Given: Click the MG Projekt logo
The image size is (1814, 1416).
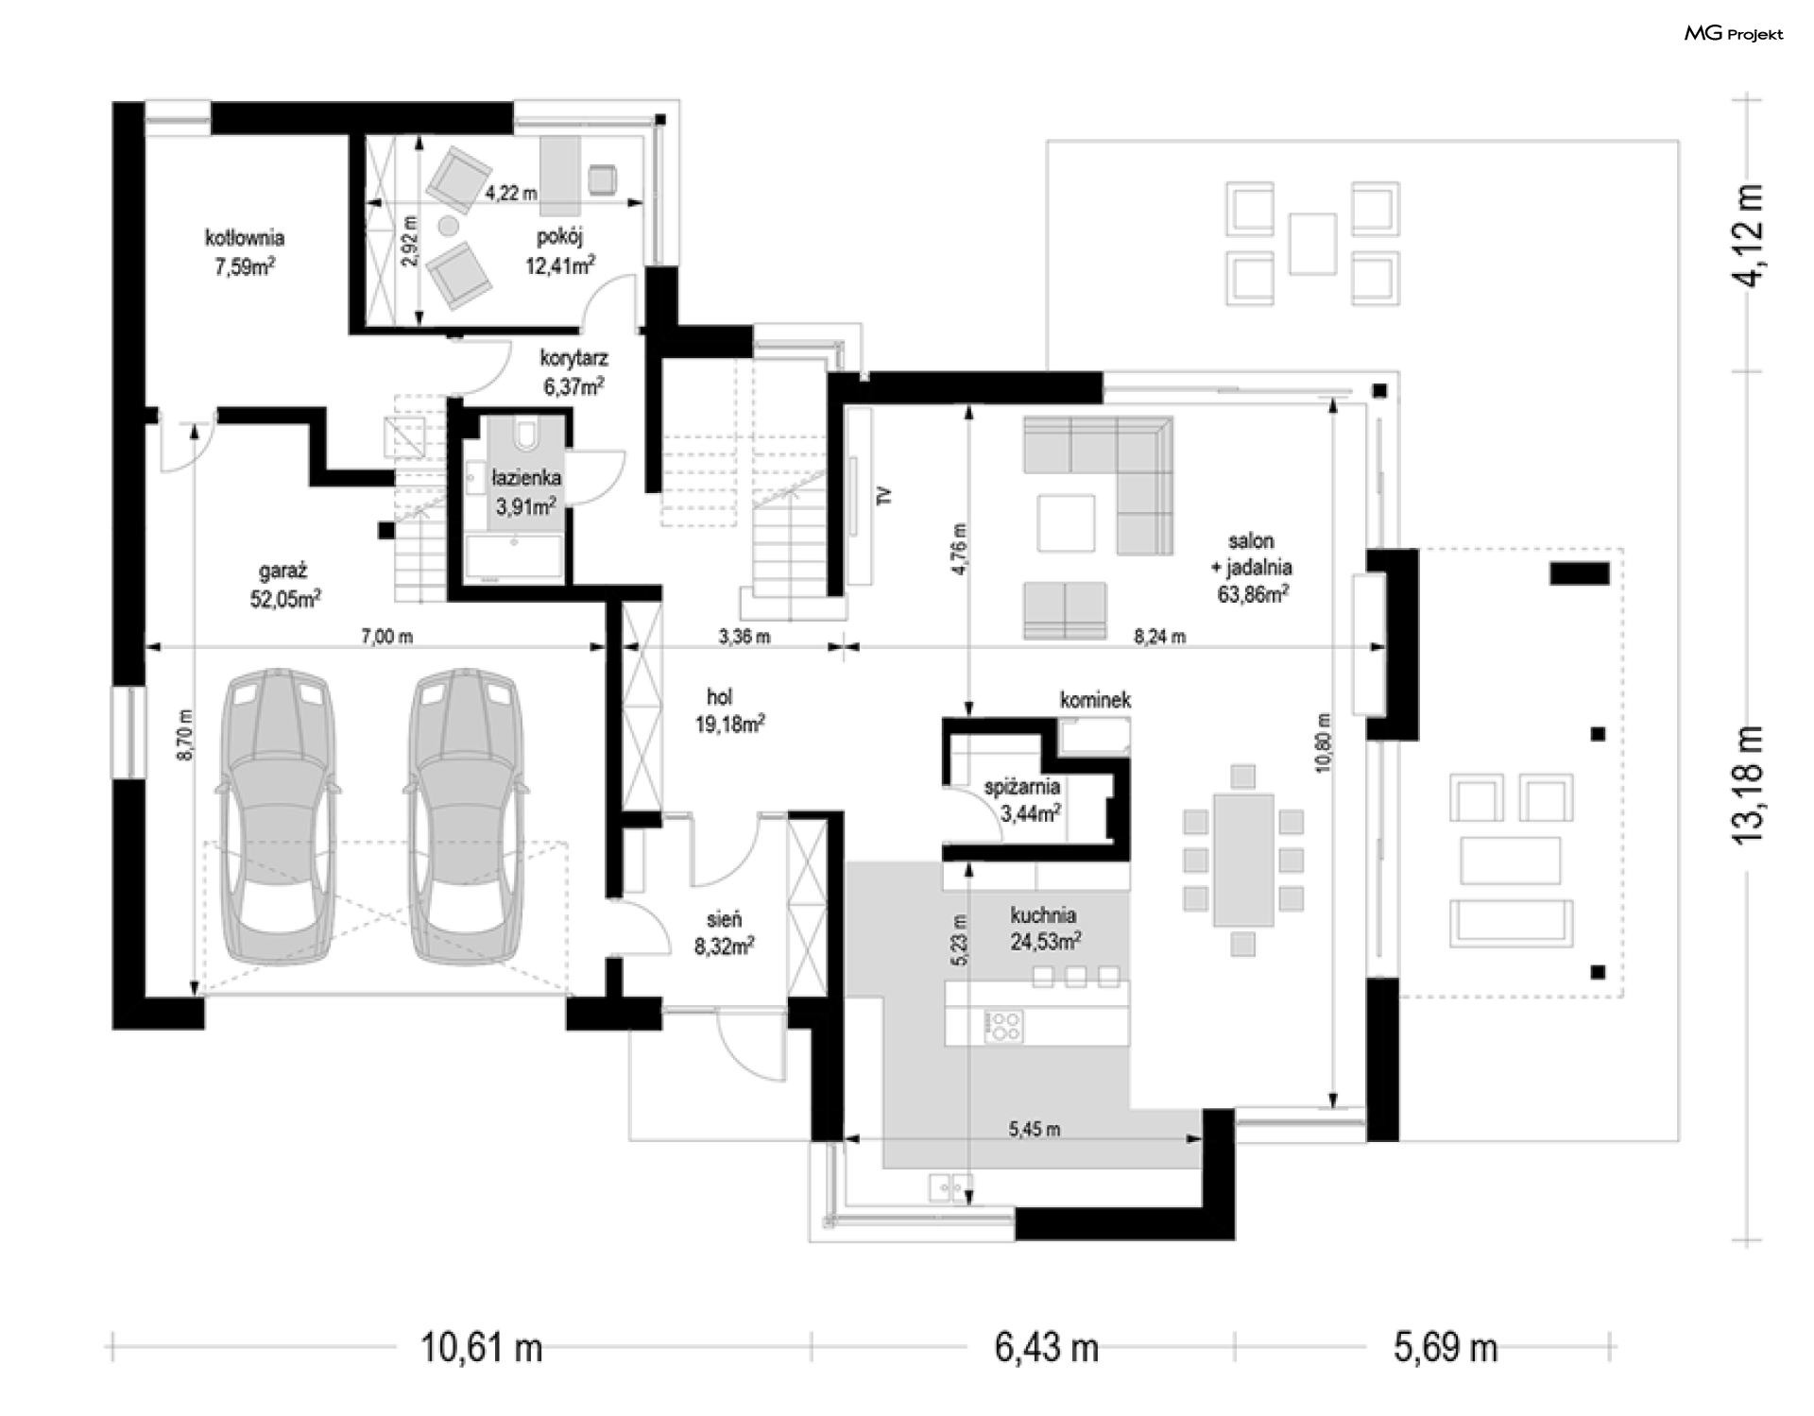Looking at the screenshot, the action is point(1734,34).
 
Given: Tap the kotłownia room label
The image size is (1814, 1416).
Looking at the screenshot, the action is point(245,238).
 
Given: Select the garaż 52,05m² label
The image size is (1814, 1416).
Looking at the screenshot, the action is point(284,585).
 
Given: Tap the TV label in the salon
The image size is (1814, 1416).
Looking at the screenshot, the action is point(883,496).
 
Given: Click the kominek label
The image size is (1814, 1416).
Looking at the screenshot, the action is point(1095,700).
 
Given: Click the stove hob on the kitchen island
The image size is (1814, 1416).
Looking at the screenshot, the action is point(1002,1025).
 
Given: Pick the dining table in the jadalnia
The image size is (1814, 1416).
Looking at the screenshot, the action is point(1243,860).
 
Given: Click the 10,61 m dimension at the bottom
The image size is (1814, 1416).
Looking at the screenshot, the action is point(482,1347).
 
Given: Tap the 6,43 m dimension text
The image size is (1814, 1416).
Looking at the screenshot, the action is point(1046,1347).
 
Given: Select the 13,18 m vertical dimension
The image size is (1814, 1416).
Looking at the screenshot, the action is point(1748,784).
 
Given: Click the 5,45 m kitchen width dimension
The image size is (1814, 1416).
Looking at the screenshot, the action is point(1034,1129).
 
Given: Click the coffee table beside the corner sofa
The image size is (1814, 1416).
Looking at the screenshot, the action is point(1066,522).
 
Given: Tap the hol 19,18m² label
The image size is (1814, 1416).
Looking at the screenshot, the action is point(736,711).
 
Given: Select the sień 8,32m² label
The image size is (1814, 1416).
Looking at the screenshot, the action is point(724,932).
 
